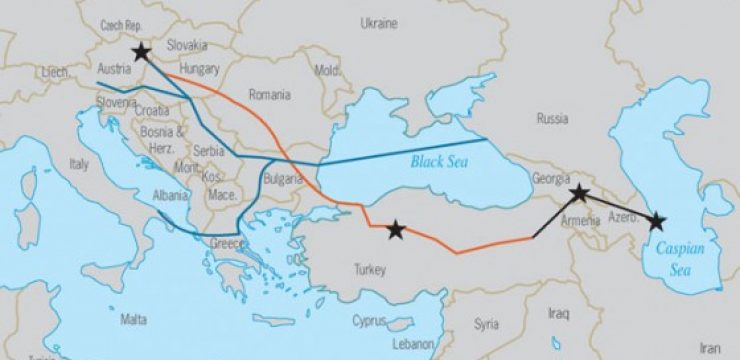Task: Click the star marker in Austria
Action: pos(141,52)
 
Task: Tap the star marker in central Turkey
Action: pos(396,231)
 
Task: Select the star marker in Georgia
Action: pos(578,193)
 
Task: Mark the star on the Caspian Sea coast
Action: pos(656,221)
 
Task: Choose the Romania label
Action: pos(270,95)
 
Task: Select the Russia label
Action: pos(552,118)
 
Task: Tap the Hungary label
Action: pos(201,72)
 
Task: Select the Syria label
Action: pos(487,324)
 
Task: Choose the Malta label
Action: pos(133,320)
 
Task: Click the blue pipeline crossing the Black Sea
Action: pos(400,151)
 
